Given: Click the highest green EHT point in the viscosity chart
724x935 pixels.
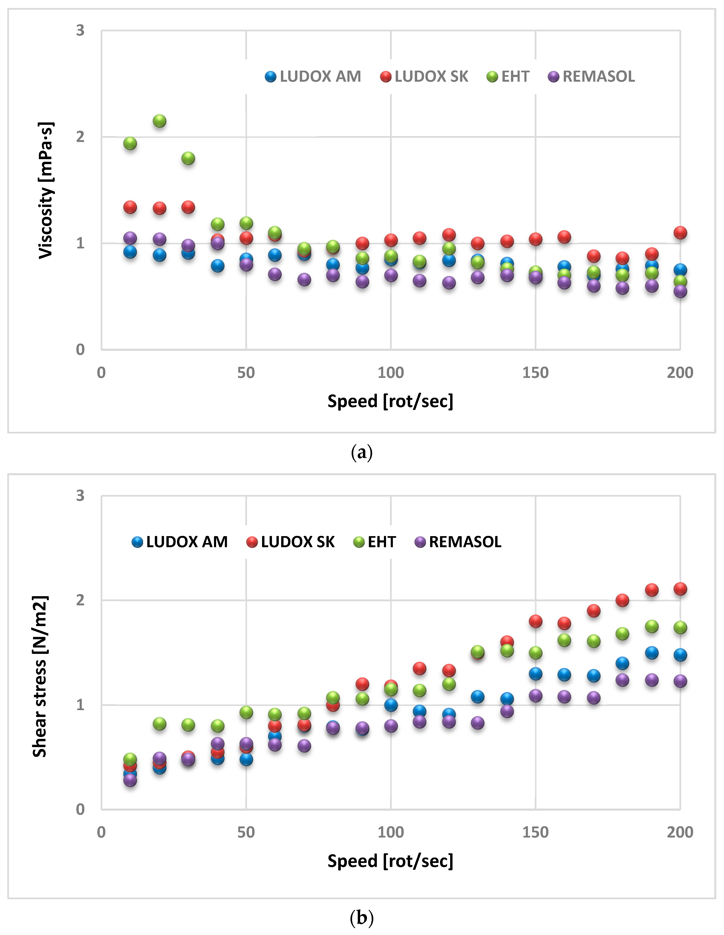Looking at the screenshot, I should (159, 121).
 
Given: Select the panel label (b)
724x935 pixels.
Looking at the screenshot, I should (362, 917).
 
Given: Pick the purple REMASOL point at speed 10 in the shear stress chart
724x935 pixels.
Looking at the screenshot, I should (130, 780).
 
